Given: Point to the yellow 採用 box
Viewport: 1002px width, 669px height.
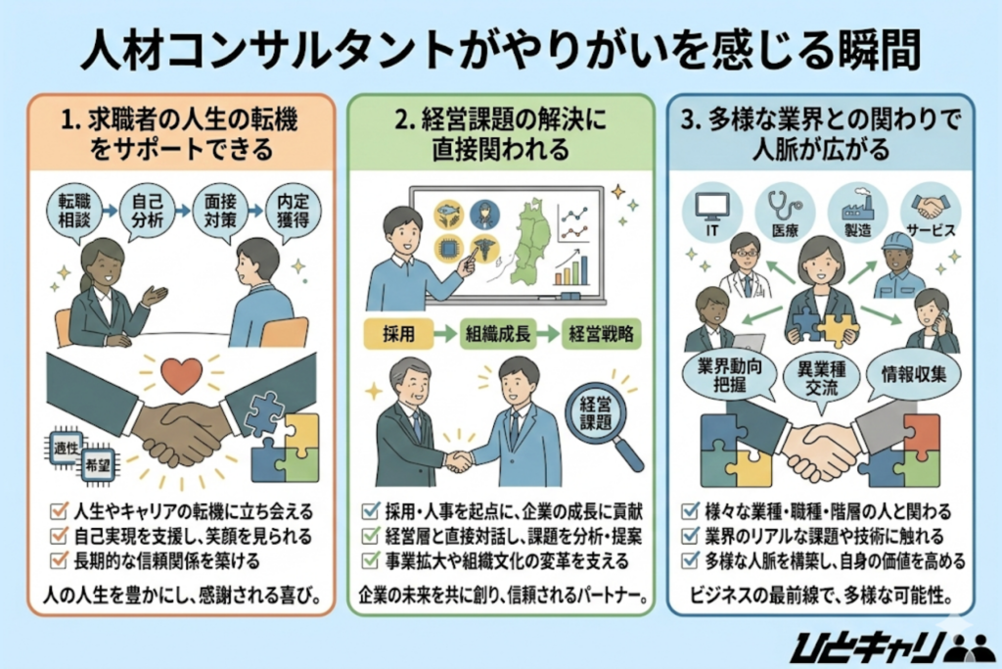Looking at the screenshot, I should point(397,332).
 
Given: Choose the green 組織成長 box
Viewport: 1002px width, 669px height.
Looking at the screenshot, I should point(497,332).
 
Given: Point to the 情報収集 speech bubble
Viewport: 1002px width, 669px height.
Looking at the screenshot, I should point(913,372).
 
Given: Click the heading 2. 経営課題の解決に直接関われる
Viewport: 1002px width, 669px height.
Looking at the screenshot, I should point(500,135).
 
